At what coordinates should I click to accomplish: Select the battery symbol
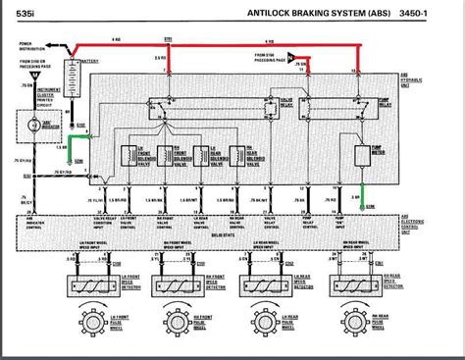(71, 75)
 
